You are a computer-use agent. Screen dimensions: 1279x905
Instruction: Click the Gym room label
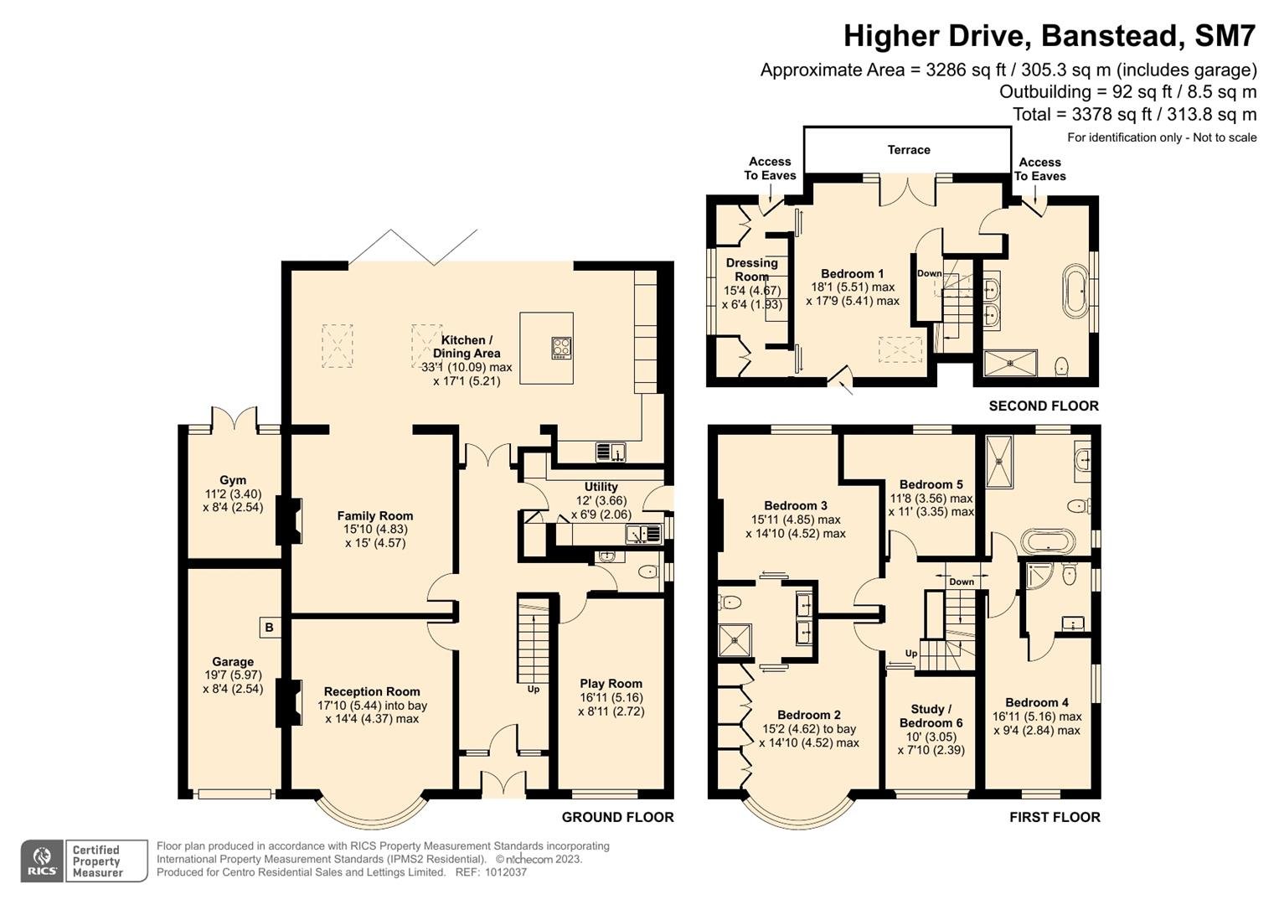[233, 480]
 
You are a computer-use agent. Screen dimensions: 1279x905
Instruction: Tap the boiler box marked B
[269, 628]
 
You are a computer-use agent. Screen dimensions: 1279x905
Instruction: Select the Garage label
[233, 662]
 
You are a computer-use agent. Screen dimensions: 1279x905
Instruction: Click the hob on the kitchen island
[561, 348]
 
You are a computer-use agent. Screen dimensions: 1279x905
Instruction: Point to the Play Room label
[611, 683]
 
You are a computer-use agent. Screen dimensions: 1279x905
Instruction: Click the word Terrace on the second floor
[909, 150]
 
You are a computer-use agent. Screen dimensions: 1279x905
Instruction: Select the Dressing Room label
[752, 270]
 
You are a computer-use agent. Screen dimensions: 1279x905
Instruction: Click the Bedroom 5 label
[931, 484]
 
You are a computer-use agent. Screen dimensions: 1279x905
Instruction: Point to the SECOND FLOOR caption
[1044, 406]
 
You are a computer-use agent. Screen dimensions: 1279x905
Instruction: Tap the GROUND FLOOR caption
[618, 817]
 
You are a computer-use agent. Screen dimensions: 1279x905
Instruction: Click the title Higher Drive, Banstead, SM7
[1050, 35]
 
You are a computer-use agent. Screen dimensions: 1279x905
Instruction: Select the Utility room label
[601, 487]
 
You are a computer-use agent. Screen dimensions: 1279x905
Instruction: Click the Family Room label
[375, 516]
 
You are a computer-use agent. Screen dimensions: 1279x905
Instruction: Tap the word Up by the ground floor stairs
[534, 689]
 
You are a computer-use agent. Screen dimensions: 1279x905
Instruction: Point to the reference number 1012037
[505, 872]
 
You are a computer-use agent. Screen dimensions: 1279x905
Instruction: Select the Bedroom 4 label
[1037, 703]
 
